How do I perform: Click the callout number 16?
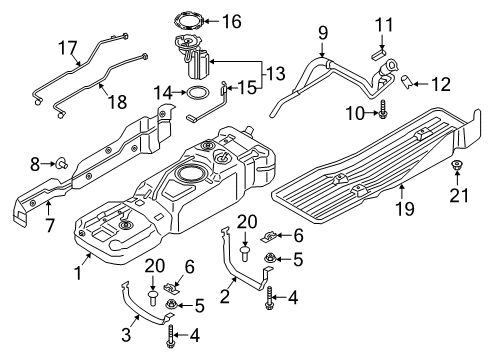point(231,21)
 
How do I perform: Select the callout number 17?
point(66,46)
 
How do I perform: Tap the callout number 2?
point(227,296)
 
